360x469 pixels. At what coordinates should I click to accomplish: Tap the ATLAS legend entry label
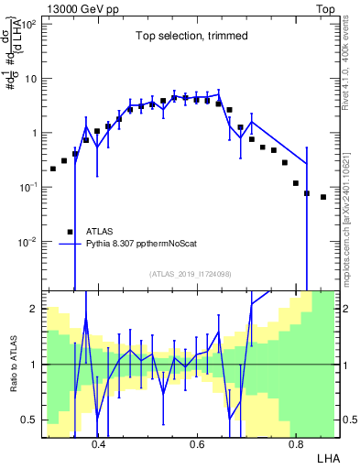[x=101, y=232]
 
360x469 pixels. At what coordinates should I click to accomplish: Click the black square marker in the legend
[x=70, y=232]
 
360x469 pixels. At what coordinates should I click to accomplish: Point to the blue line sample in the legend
[x=70, y=245]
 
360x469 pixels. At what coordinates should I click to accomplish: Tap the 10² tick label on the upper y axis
[x=29, y=24]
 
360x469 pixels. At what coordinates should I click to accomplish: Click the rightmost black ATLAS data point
[x=323, y=197]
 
